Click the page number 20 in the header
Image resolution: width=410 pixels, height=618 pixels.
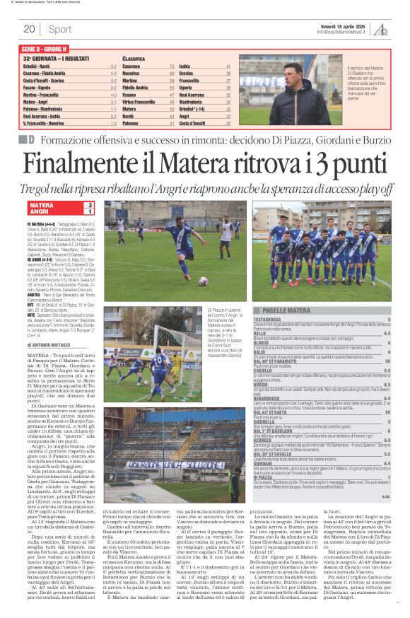pyautogui.click(x=29, y=29)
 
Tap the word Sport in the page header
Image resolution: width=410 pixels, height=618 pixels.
pyautogui.click(x=60, y=29)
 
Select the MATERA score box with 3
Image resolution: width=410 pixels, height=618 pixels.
pyautogui.click(x=59, y=205)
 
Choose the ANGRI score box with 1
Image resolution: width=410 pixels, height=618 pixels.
pyautogui.click(x=59, y=211)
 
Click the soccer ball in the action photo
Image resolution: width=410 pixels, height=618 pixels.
pyautogui.click(x=223, y=281)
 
